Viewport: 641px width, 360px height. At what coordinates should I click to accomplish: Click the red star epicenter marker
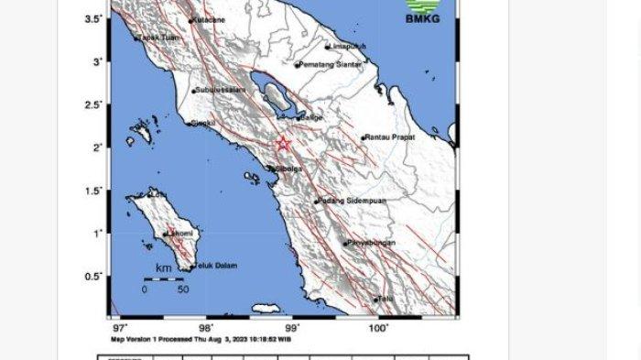(x=283, y=144)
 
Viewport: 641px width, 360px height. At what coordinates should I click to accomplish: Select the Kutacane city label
(x=208, y=20)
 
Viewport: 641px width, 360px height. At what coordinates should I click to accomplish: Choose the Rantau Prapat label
(x=391, y=137)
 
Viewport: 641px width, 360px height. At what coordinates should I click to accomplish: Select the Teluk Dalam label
(x=214, y=266)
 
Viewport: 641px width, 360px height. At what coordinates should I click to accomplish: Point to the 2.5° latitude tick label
(x=93, y=105)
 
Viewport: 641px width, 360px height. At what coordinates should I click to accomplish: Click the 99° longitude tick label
(x=291, y=327)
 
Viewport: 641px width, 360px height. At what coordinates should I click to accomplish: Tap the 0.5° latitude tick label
(x=93, y=276)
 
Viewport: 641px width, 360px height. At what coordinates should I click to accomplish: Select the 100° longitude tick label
(x=378, y=327)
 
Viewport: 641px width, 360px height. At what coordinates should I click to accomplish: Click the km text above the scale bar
(x=164, y=268)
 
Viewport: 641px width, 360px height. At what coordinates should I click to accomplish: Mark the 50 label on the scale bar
(x=183, y=289)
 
